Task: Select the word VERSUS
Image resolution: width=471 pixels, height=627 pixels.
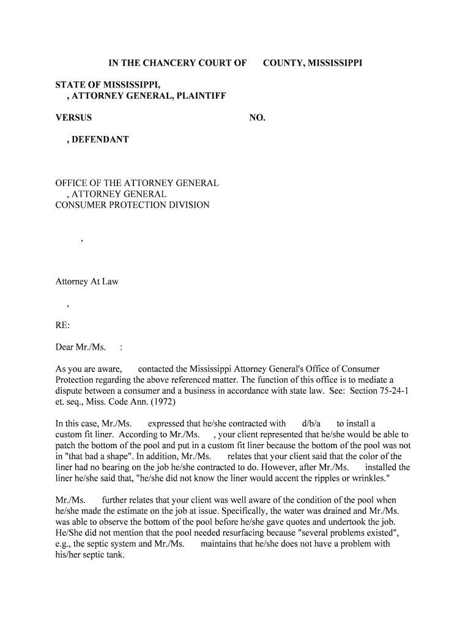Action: coord(73,118)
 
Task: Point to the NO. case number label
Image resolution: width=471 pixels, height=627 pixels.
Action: coord(257,118)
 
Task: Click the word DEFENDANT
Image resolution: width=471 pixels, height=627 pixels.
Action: coord(100,140)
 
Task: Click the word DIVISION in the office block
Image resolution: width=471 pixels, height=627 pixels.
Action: coord(188,205)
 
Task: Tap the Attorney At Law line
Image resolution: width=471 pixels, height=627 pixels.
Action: coord(87,282)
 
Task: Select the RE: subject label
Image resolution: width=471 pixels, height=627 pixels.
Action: coord(63,325)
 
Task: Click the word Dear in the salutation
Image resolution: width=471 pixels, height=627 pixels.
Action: coord(65,348)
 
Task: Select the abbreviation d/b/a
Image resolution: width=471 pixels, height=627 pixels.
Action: coord(311,424)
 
